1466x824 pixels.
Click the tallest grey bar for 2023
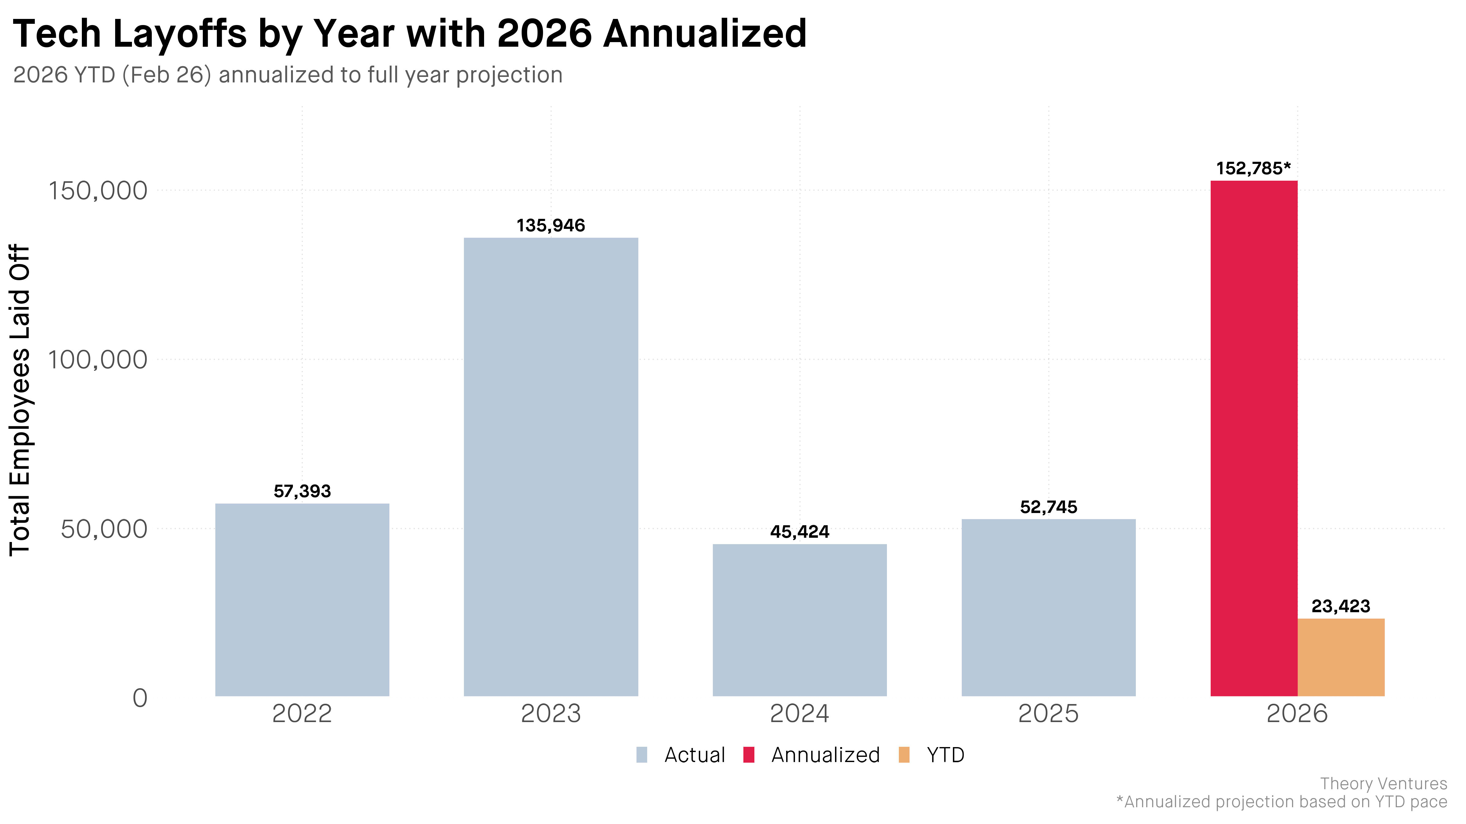(551, 467)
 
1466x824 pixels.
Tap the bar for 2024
(800, 620)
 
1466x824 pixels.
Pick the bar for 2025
(1048, 607)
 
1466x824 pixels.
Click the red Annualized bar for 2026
(1254, 439)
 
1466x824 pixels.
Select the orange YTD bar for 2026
(1341, 657)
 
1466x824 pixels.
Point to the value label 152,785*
(1254, 168)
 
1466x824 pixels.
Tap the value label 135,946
(551, 226)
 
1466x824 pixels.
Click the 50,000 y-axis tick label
(104, 529)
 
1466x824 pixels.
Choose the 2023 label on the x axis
(551, 714)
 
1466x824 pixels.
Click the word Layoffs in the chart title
(180, 34)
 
